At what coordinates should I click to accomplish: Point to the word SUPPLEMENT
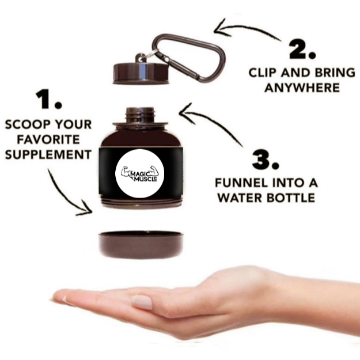click(48, 154)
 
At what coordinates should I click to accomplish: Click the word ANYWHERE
click(302, 88)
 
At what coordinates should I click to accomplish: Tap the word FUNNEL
click(241, 183)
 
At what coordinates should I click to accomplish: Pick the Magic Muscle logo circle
click(139, 173)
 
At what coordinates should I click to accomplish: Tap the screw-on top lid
click(141, 73)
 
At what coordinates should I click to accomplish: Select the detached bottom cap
click(141, 245)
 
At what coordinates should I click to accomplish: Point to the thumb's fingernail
click(142, 302)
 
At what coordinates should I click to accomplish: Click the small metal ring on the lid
click(150, 55)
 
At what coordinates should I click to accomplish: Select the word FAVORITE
click(48, 139)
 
